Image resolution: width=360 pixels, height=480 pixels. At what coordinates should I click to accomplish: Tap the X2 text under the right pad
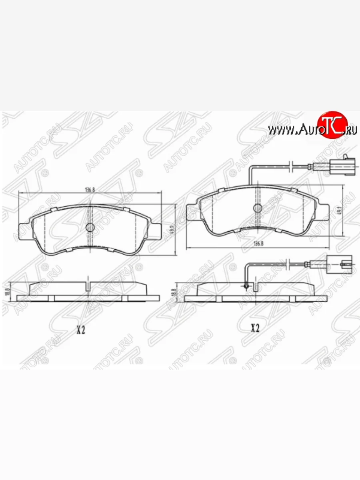click(x=255, y=328)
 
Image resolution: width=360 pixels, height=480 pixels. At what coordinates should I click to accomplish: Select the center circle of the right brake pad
click(x=258, y=208)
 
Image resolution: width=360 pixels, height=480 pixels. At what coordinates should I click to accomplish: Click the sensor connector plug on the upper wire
click(x=343, y=166)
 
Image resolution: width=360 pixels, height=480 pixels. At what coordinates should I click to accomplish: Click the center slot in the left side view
click(x=88, y=286)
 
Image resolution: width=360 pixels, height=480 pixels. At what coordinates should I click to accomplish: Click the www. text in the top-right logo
click(x=281, y=130)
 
